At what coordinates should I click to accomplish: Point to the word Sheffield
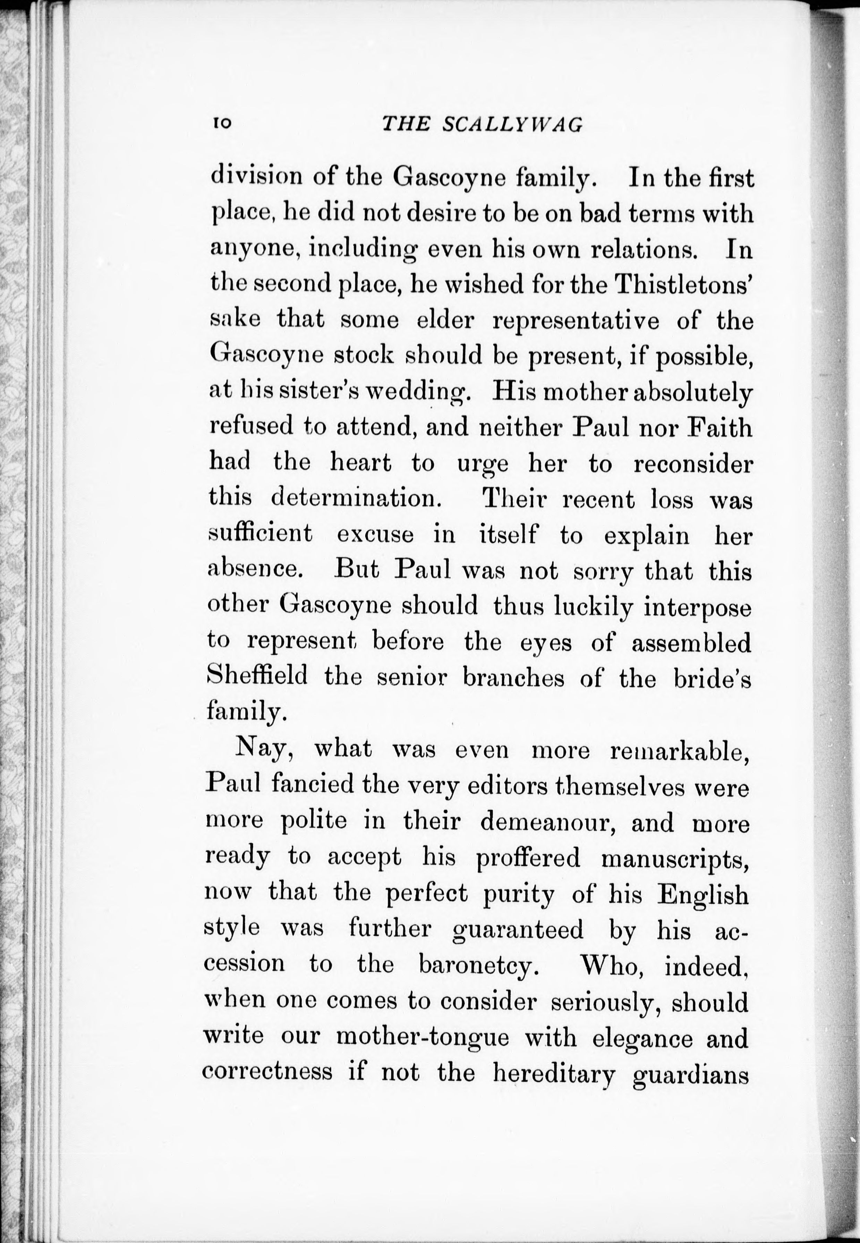257,676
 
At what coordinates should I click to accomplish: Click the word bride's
712,678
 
